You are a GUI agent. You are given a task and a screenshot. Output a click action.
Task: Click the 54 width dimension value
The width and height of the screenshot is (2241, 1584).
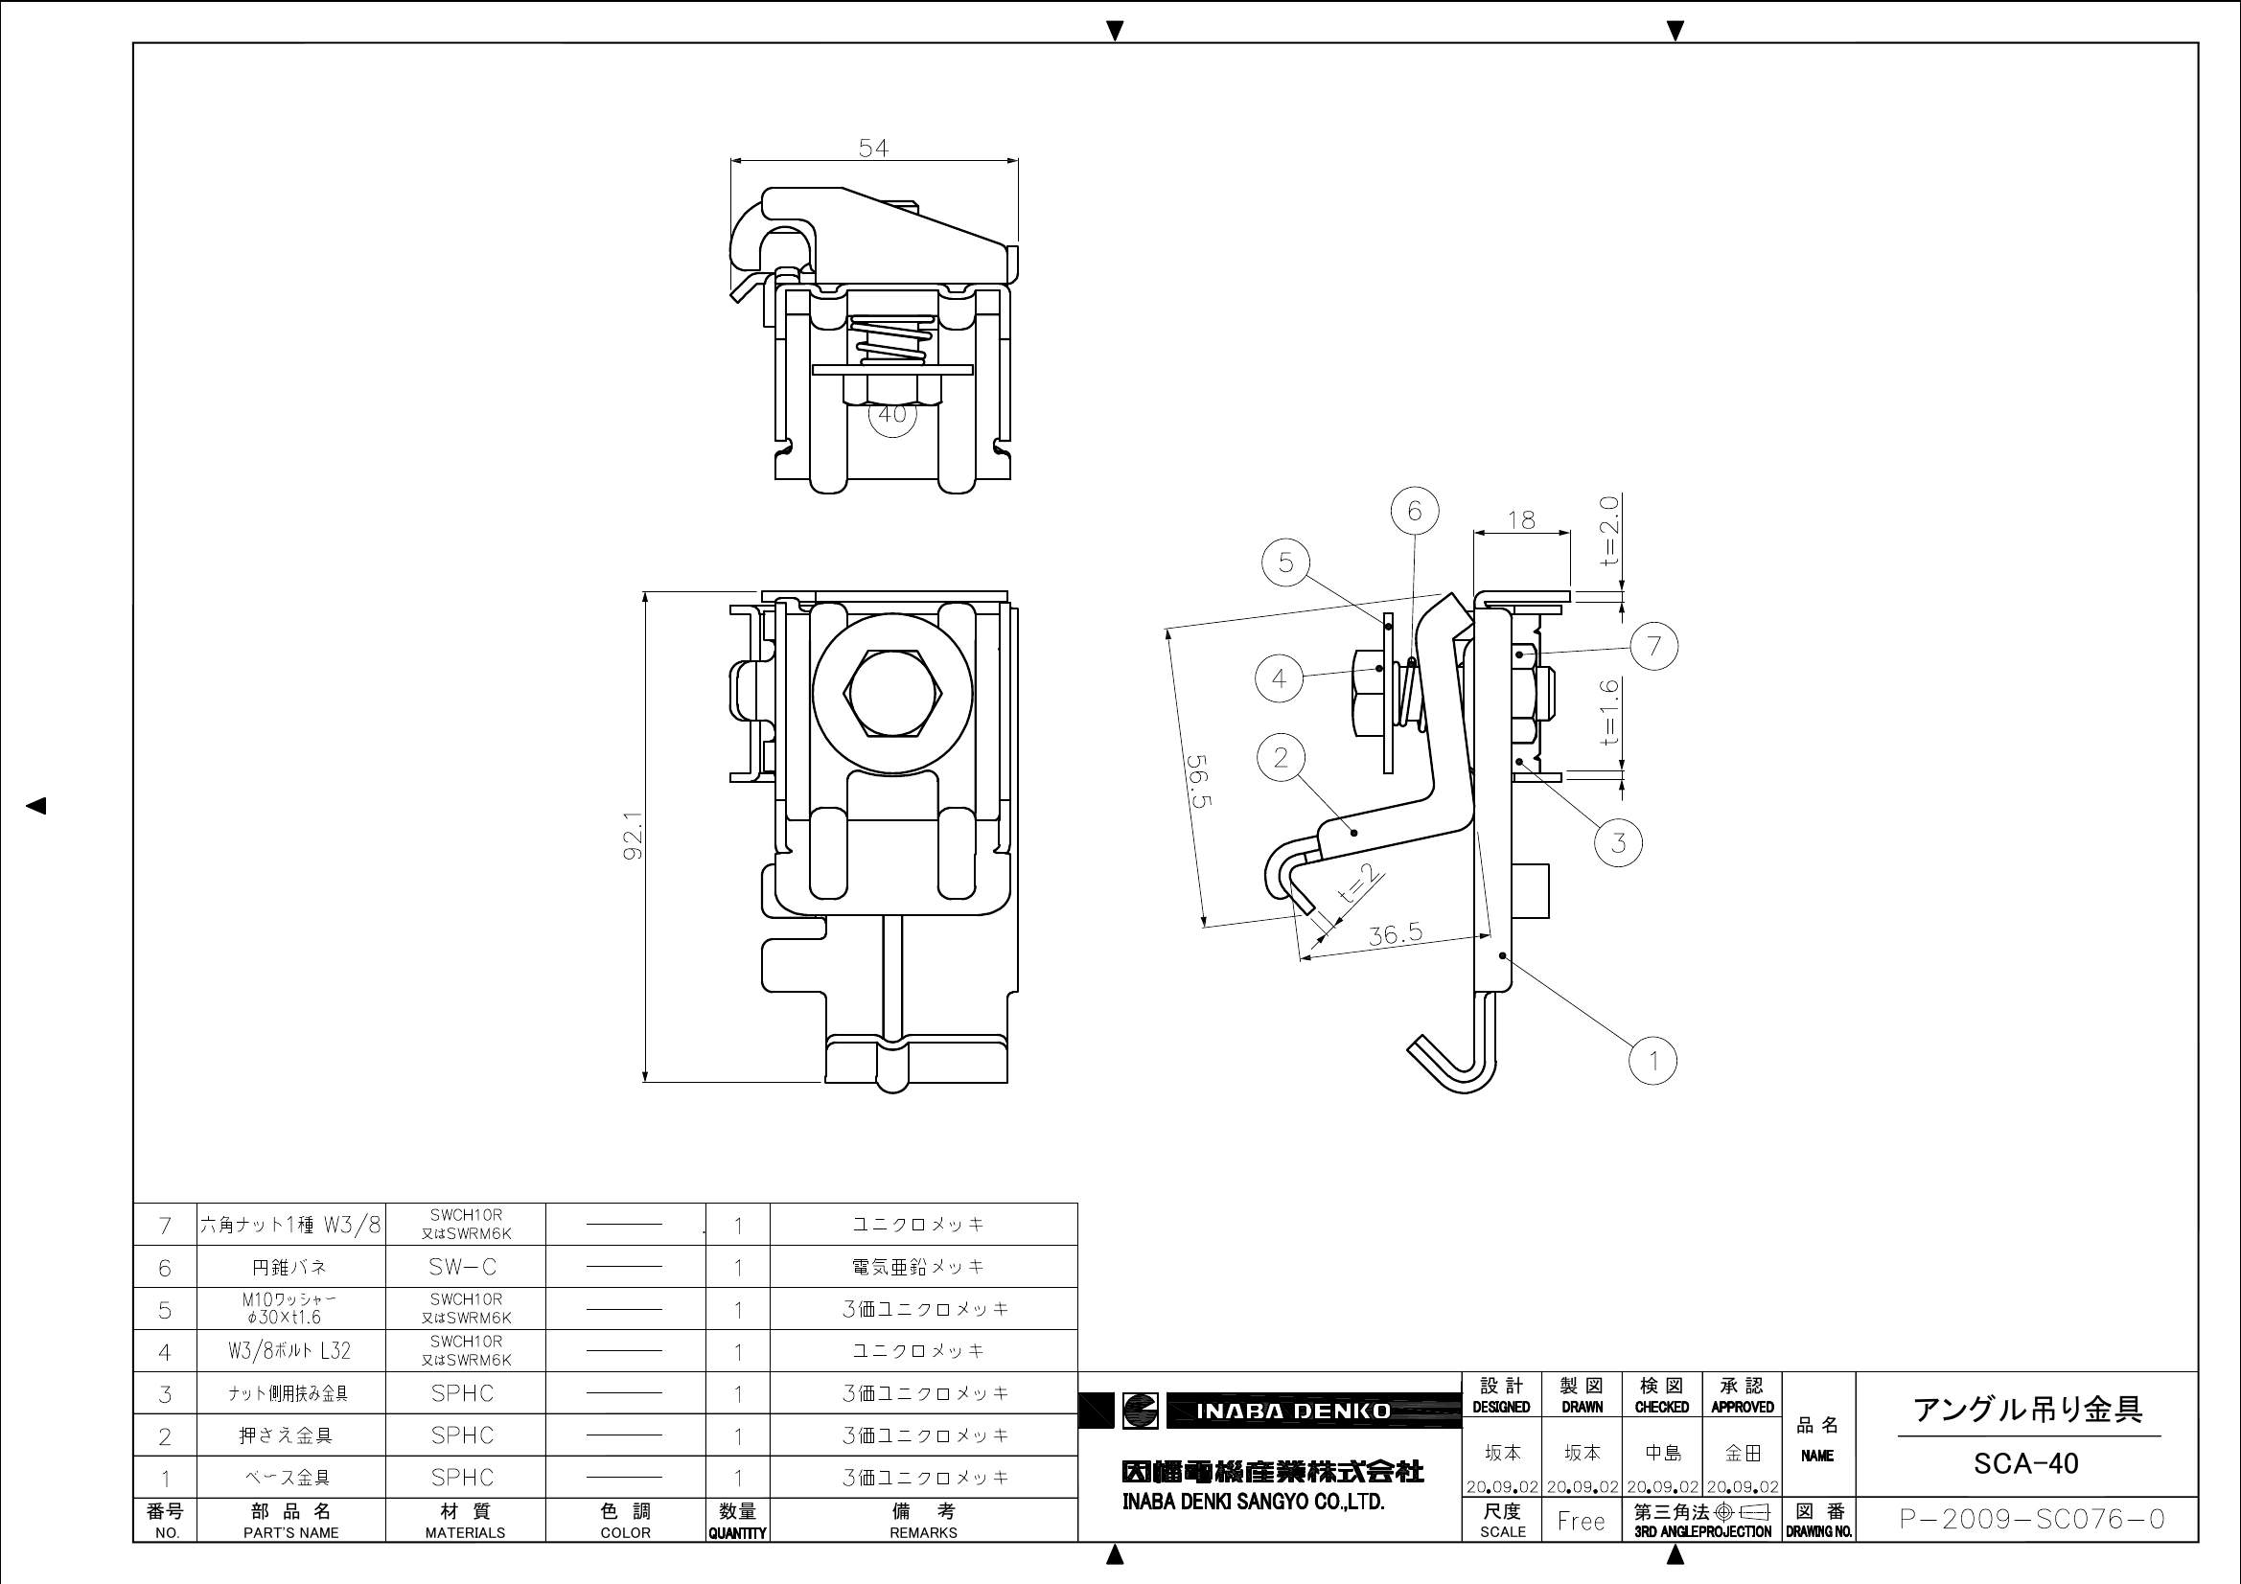tap(873, 149)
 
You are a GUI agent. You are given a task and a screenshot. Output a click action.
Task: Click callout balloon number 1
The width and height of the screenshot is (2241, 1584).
tap(1653, 1060)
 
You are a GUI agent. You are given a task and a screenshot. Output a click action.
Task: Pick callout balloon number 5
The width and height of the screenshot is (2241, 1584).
tap(1285, 562)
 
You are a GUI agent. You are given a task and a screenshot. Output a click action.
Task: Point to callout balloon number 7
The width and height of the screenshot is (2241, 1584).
tap(1653, 645)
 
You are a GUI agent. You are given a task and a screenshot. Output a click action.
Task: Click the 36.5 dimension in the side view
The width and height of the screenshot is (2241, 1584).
tap(1394, 935)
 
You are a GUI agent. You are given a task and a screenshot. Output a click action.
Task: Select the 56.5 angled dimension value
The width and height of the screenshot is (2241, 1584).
tap(1198, 781)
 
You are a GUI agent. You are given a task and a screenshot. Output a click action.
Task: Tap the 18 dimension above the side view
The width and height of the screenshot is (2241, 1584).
tap(1520, 520)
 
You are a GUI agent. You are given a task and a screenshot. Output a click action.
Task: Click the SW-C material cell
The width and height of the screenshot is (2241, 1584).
tap(464, 1267)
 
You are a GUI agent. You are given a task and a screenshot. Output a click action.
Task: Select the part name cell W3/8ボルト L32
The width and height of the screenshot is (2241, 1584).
tap(290, 1351)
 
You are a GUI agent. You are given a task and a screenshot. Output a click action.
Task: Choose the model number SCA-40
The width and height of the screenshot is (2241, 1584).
tap(2025, 1464)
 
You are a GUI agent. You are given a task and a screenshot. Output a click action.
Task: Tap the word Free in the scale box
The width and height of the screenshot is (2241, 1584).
tap(1582, 1521)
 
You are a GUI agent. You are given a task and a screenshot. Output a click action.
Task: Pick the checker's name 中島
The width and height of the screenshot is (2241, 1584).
tap(1661, 1454)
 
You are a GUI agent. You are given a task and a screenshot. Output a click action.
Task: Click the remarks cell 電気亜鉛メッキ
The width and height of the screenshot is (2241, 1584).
tap(923, 1267)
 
